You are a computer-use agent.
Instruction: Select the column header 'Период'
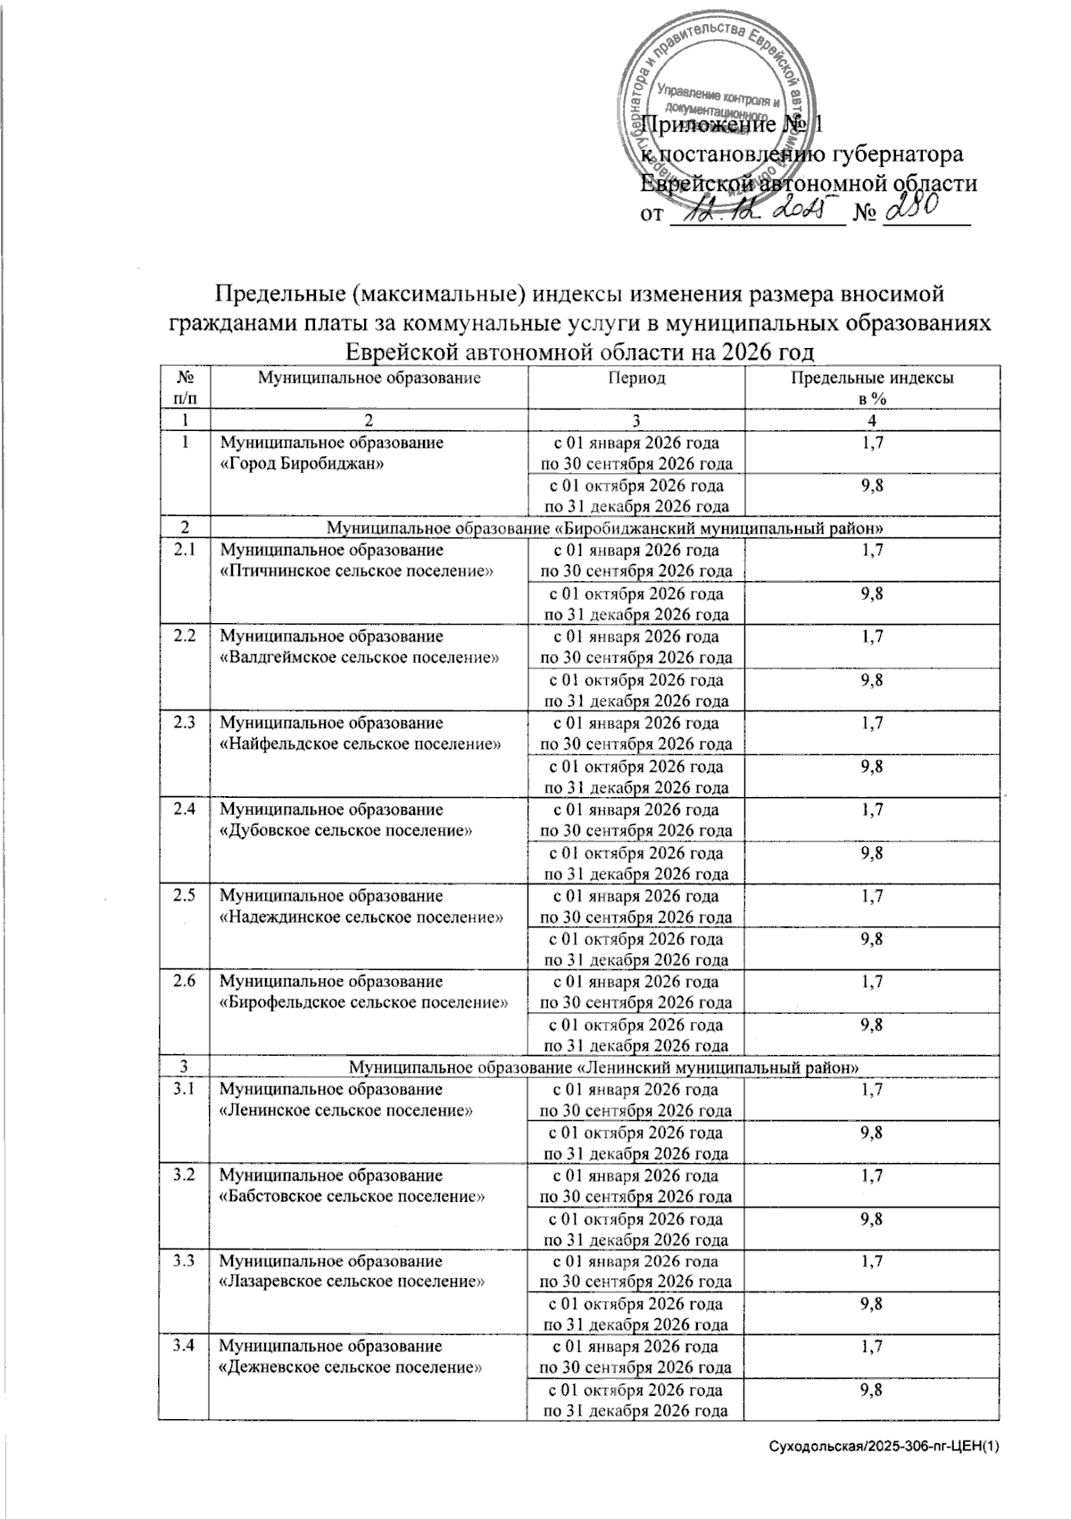[x=636, y=378]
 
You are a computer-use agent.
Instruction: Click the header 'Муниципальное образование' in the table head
[x=369, y=378]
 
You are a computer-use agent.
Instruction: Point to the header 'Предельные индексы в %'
[x=871, y=388]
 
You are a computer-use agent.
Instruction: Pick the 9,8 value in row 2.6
[x=871, y=1025]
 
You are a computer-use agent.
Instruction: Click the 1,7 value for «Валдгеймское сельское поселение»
[x=871, y=636]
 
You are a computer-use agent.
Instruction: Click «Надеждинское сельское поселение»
[x=361, y=917]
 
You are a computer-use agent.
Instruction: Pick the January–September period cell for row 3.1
[x=636, y=1100]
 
